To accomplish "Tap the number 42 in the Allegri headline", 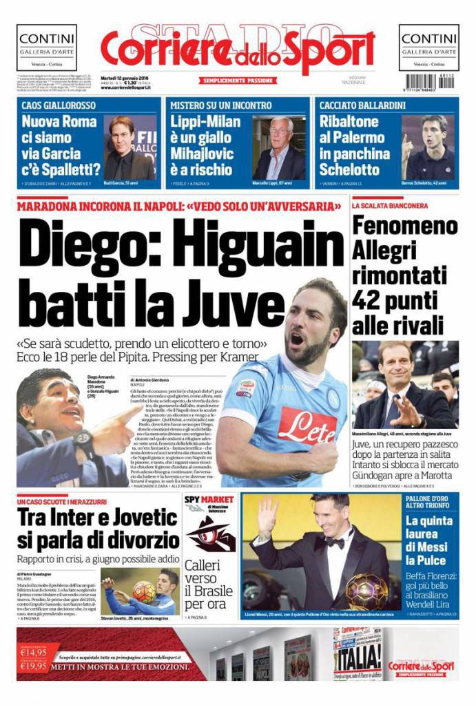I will click(368, 299).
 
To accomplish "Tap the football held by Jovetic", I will click(144, 591).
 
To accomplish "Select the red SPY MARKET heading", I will click(209, 499).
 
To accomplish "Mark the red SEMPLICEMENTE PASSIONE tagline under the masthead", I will click(238, 80).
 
